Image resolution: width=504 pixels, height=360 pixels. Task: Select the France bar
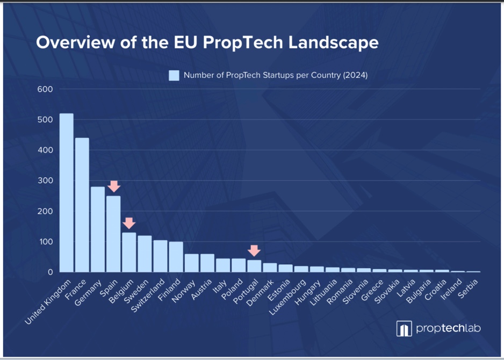point(82,205)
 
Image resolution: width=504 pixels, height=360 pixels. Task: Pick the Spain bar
point(113,234)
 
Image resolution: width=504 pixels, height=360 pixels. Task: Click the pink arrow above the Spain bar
point(113,186)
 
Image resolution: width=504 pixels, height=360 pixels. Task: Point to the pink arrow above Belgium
point(129,223)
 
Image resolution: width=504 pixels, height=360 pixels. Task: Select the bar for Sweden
point(145,254)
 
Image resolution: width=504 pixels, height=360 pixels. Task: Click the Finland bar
point(176,257)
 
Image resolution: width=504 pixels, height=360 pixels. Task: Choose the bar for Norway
point(191,263)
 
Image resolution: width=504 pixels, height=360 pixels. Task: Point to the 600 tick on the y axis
point(45,89)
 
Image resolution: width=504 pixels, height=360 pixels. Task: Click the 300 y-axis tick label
point(45,181)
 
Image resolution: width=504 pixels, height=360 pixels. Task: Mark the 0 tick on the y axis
point(50,272)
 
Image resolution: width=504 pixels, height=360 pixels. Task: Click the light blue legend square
point(174,75)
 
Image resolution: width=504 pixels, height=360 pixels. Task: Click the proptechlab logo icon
point(404,328)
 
